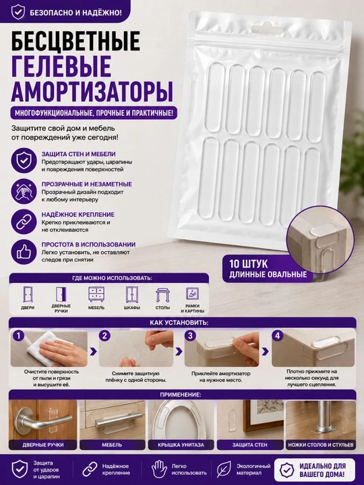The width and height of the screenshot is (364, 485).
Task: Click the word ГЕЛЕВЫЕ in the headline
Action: coord(61,66)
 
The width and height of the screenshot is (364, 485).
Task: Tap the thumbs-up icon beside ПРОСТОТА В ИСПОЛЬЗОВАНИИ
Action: coord(22,253)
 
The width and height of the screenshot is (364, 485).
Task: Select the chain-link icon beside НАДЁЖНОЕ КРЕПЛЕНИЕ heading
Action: coord(22,222)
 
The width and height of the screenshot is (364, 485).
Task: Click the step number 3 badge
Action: coord(190,335)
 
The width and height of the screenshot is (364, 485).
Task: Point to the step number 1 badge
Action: coord(19,335)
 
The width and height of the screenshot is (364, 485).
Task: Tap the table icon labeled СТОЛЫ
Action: coord(162,295)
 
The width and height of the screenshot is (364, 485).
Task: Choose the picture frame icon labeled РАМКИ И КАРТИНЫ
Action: coord(192,294)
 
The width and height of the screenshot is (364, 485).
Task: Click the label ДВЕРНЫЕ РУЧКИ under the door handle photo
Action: coord(43,445)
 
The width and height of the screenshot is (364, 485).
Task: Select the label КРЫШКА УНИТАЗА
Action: coord(181,445)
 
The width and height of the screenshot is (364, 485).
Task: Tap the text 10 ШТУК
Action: coord(249,264)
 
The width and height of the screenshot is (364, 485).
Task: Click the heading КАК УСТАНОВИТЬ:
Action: coord(179,323)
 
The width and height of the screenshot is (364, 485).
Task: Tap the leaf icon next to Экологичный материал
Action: coord(222,470)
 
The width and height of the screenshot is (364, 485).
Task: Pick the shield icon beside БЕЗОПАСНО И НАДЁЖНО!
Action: coord(18,11)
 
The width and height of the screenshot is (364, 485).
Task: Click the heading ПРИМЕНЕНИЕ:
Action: coord(181,395)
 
